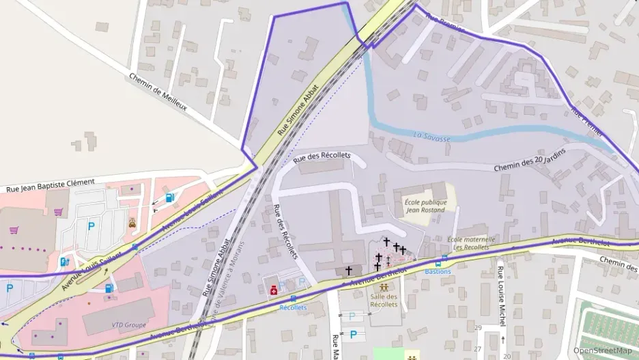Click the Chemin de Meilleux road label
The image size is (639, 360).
[158, 92]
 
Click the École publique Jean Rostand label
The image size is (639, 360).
[425, 206]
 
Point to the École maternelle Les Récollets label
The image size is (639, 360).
[471, 243]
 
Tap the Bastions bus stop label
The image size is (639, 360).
[438, 271]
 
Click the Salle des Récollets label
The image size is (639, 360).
[384, 300]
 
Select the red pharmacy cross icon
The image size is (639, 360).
[274, 290]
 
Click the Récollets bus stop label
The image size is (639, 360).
[293, 307]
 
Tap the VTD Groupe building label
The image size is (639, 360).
[124, 324]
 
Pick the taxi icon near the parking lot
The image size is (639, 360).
[132, 223]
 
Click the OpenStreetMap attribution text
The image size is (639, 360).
[602, 350]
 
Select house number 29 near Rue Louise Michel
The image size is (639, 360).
[479, 329]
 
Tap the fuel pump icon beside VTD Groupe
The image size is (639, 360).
[109, 288]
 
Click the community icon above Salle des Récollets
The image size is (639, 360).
[383, 287]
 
